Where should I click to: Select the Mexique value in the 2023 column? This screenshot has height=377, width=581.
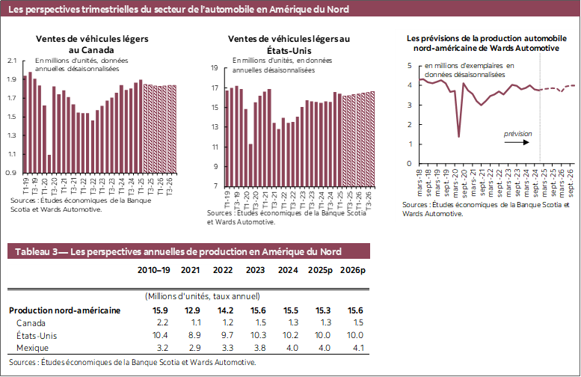click(x=256, y=349)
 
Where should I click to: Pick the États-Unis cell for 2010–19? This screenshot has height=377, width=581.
click(x=160, y=336)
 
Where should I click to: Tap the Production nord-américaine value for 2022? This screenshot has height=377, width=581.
click(x=224, y=310)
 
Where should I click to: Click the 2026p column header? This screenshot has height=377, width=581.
click(x=352, y=270)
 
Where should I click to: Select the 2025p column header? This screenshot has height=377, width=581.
click(x=319, y=270)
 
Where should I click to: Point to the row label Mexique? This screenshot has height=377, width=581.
click(x=33, y=349)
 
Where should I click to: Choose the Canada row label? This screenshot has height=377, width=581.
click(x=31, y=322)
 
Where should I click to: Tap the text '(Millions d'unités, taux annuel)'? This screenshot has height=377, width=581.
click(x=202, y=296)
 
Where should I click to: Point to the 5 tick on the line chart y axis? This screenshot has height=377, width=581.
click(x=410, y=66)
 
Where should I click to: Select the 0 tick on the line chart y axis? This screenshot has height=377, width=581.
click(x=410, y=163)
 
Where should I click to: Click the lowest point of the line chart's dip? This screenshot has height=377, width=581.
click(x=458, y=136)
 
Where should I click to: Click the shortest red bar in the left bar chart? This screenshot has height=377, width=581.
click(x=49, y=164)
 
